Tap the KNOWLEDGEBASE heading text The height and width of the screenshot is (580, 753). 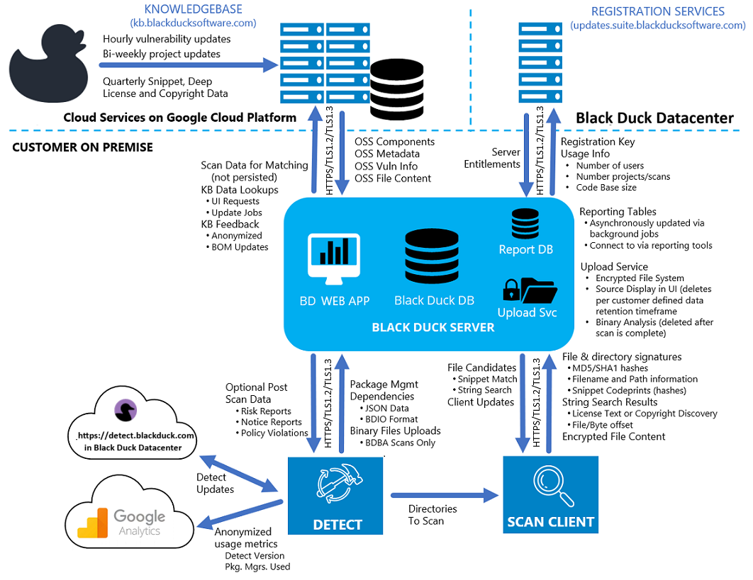coord(192,9)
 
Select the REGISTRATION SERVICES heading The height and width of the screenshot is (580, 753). coord(657,11)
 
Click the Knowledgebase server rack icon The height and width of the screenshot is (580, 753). coord(311,64)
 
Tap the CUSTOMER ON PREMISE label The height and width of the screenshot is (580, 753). coord(82,147)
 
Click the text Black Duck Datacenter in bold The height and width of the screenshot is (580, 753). coord(654,118)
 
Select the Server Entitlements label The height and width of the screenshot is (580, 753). coord(492,158)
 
